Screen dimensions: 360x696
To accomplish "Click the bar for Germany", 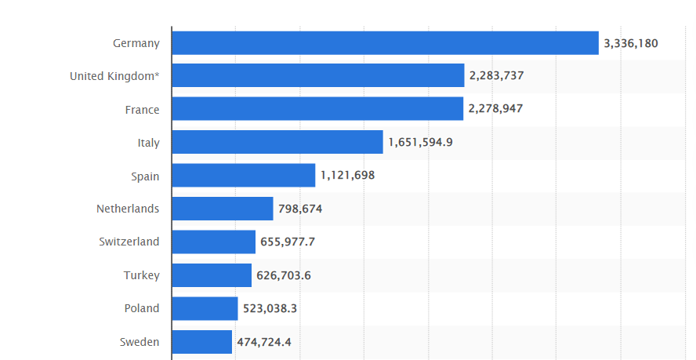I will (x=385, y=43).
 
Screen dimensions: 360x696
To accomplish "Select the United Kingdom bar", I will (x=317, y=76).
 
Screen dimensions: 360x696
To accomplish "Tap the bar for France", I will (x=317, y=109).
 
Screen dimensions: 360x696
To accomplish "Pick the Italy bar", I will (x=277, y=143).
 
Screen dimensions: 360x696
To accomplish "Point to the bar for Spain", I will (x=243, y=176).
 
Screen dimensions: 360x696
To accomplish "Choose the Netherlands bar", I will (x=222, y=209).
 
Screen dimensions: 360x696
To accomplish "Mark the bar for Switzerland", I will (x=213, y=242).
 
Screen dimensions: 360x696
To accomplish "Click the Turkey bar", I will (x=212, y=275).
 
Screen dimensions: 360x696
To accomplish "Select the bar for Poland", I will (x=205, y=308).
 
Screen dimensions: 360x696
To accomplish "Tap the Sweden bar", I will (x=201, y=342).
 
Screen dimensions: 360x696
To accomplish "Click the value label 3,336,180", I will (x=631, y=43).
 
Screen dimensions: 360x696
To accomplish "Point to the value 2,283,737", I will (x=496, y=76).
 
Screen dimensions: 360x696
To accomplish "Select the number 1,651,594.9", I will (x=420, y=143).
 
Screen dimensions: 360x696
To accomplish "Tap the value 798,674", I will (x=300, y=209).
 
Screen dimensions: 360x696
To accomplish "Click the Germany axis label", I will (x=136, y=43).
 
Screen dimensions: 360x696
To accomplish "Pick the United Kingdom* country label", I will (x=114, y=76).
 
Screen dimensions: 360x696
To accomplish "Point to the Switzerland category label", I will (x=129, y=242).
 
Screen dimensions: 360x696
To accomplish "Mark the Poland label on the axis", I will (x=141, y=308).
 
